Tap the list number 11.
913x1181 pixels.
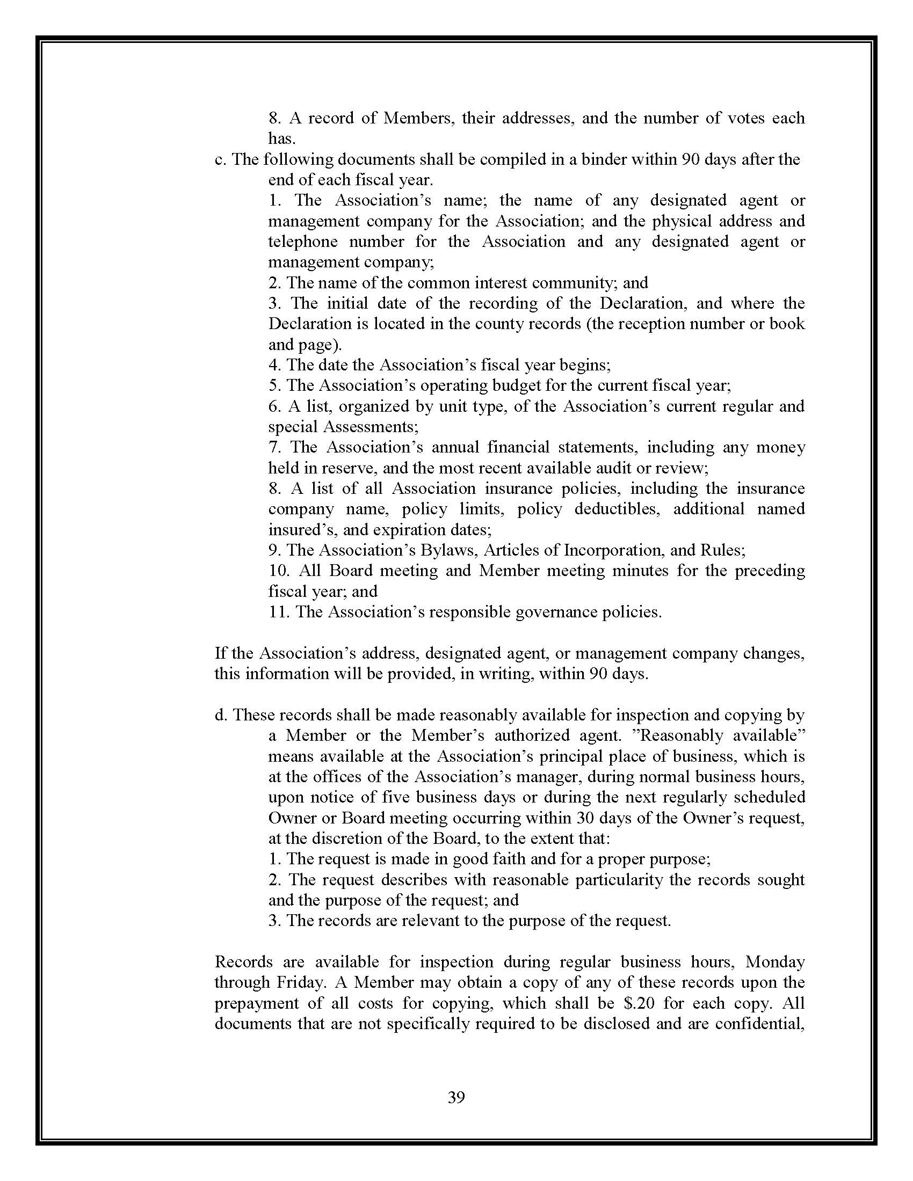279,612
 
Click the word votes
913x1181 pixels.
740,118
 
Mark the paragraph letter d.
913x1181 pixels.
220,715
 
